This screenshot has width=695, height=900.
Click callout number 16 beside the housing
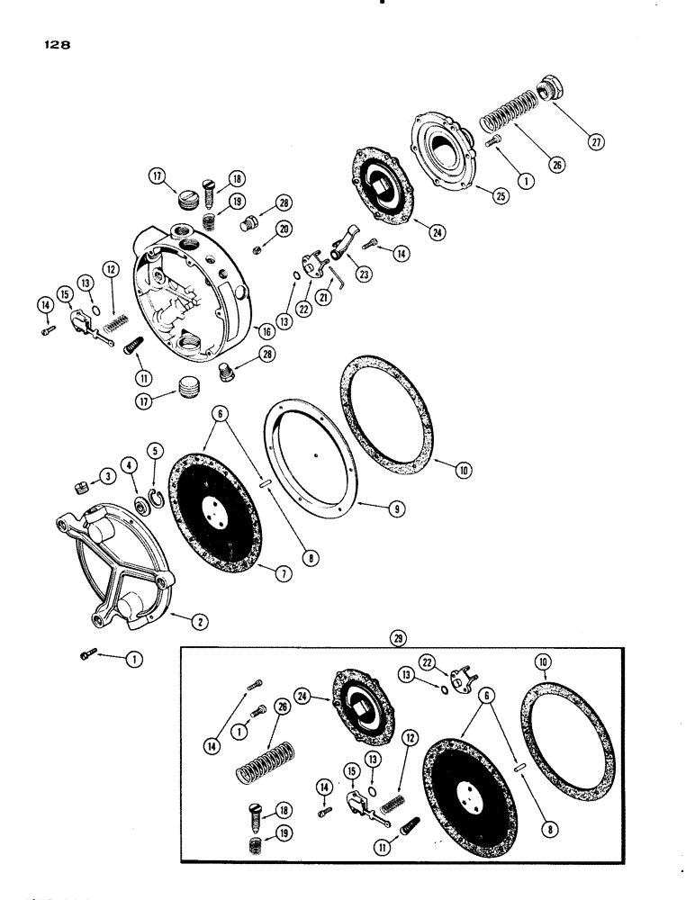[x=261, y=331]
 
